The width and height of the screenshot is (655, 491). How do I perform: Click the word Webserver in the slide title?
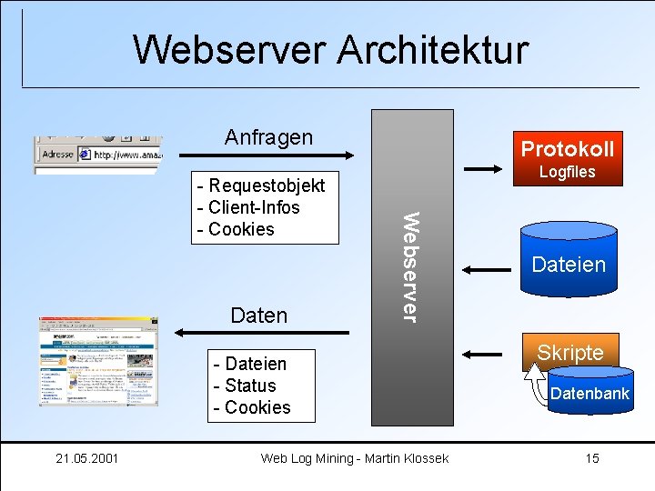click(x=230, y=49)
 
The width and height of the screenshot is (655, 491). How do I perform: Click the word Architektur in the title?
click(x=432, y=49)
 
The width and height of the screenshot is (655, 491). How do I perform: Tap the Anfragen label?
click(x=268, y=137)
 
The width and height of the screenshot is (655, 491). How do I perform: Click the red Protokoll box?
click(x=567, y=148)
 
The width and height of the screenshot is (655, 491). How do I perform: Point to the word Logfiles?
click(x=567, y=172)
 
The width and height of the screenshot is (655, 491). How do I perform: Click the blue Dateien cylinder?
click(x=568, y=265)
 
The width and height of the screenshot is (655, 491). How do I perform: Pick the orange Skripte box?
click(x=569, y=352)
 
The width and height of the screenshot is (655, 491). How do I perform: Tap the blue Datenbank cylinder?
click(x=589, y=393)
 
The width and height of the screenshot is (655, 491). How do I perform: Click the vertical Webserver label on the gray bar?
click(x=411, y=266)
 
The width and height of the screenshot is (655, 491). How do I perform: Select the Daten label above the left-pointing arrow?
click(x=259, y=316)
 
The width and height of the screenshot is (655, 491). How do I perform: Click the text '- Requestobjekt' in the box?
click(x=261, y=185)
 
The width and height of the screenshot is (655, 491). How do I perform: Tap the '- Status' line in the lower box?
click(x=244, y=386)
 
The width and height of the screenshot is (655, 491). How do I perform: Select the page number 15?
click(x=592, y=458)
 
